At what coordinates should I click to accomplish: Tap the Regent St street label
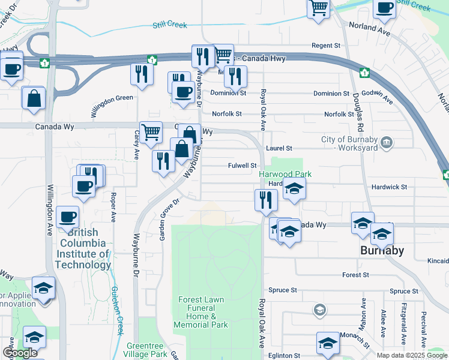tap(326, 46)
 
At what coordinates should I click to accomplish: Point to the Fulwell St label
tap(243, 166)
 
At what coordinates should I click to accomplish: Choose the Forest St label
tap(355, 275)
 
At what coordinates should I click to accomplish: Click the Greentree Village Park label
tap(146, 350)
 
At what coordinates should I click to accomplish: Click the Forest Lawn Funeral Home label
tap(201, 312)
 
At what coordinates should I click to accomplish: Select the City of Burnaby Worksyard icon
tap(387, 142)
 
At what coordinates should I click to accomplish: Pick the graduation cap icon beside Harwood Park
tap(294, 190)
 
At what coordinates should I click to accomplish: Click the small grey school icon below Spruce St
tap(320, 310)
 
